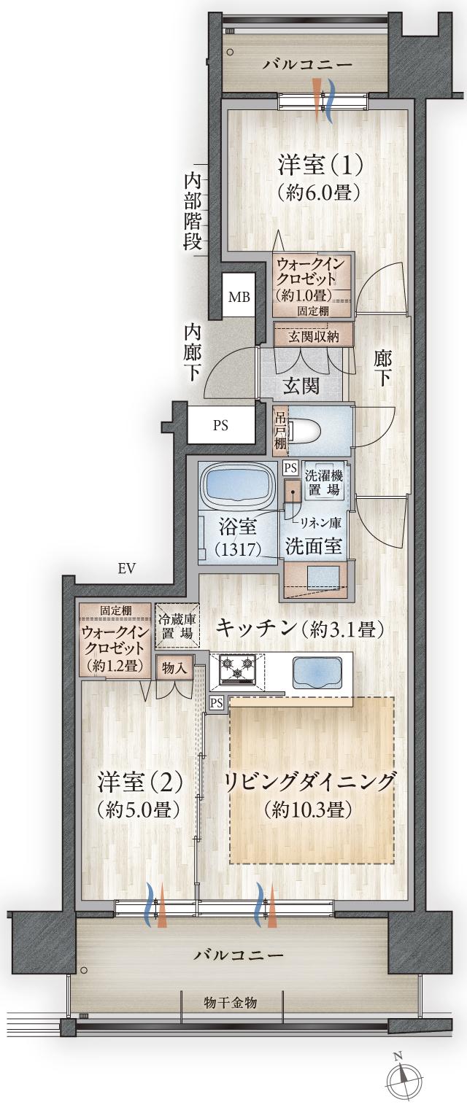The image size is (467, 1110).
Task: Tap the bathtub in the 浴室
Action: click(238, 485)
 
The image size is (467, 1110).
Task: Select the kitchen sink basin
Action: click(317, 671)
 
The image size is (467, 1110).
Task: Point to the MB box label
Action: click(239, 297)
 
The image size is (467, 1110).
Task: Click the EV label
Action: click(126, 569)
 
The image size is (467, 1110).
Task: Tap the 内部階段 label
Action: click(193, 211)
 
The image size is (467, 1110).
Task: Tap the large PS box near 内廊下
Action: click(220, 427)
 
